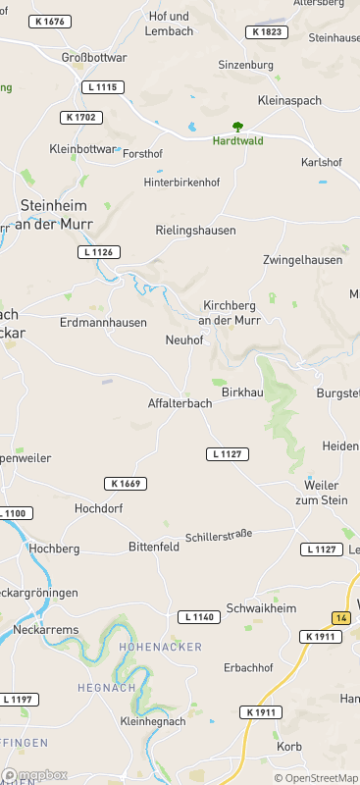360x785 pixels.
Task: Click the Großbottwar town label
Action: click(94, 58)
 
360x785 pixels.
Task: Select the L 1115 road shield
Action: click(105, 87)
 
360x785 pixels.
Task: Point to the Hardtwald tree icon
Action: click(237, 127)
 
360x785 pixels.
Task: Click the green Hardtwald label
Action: click(237, 141)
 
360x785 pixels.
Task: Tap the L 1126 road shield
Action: click(98, 252)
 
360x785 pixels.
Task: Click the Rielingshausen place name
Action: click(195, 230)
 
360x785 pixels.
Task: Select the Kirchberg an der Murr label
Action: click(230, 313)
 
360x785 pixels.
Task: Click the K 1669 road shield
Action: click(126, 483)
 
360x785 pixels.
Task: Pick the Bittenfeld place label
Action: click(154, 546)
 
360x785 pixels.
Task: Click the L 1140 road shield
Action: click(198, 616)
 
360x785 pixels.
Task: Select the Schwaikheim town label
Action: click(261, 608)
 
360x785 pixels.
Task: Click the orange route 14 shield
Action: click(341, 617)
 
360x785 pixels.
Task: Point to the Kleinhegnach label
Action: click(152, 721)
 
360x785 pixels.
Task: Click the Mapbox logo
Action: click(34, 775)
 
